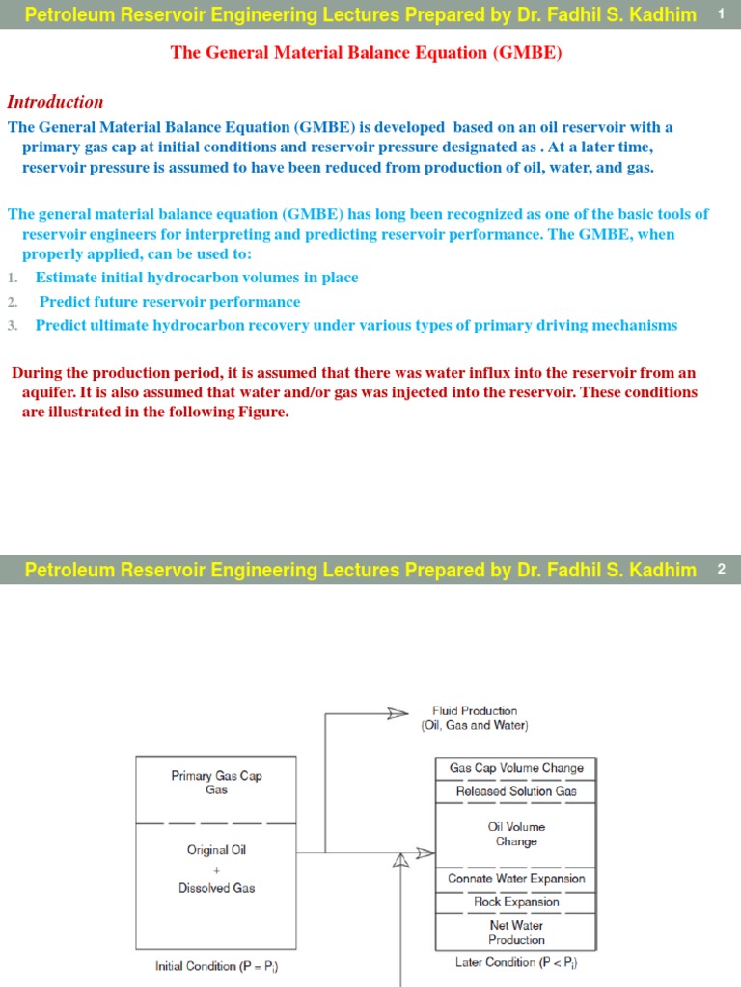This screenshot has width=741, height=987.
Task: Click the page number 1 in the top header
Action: point(721,13)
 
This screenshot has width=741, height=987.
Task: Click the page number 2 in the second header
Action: point(721,570)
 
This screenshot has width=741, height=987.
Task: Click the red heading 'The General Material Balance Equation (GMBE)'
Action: point(366,53)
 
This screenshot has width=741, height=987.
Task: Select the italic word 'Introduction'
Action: point(55,102)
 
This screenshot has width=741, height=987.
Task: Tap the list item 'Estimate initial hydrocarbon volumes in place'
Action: point(197,278)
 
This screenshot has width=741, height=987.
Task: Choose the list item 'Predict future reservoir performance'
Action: point(170,302)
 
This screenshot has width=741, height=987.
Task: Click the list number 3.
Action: point(13,326)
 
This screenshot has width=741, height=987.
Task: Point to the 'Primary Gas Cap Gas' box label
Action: point(216,783)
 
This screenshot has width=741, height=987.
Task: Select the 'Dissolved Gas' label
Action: point(217,888)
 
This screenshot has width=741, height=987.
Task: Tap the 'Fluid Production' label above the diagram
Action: point(475,717)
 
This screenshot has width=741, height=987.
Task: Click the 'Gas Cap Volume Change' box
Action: point(516,768)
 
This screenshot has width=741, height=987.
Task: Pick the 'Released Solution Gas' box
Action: point(516,791)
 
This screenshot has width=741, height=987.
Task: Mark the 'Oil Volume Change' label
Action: point(516,834)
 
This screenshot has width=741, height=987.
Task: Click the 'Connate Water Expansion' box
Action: point(516,879)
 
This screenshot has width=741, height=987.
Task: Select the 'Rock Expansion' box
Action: point(516,902)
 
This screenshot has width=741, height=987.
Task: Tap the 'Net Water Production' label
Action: point(516,932)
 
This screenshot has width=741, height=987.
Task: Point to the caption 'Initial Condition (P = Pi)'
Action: point(218,966)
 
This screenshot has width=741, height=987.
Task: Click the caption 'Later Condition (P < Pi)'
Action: point(516,962)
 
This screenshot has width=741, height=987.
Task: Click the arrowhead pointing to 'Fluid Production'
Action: point(398,713)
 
